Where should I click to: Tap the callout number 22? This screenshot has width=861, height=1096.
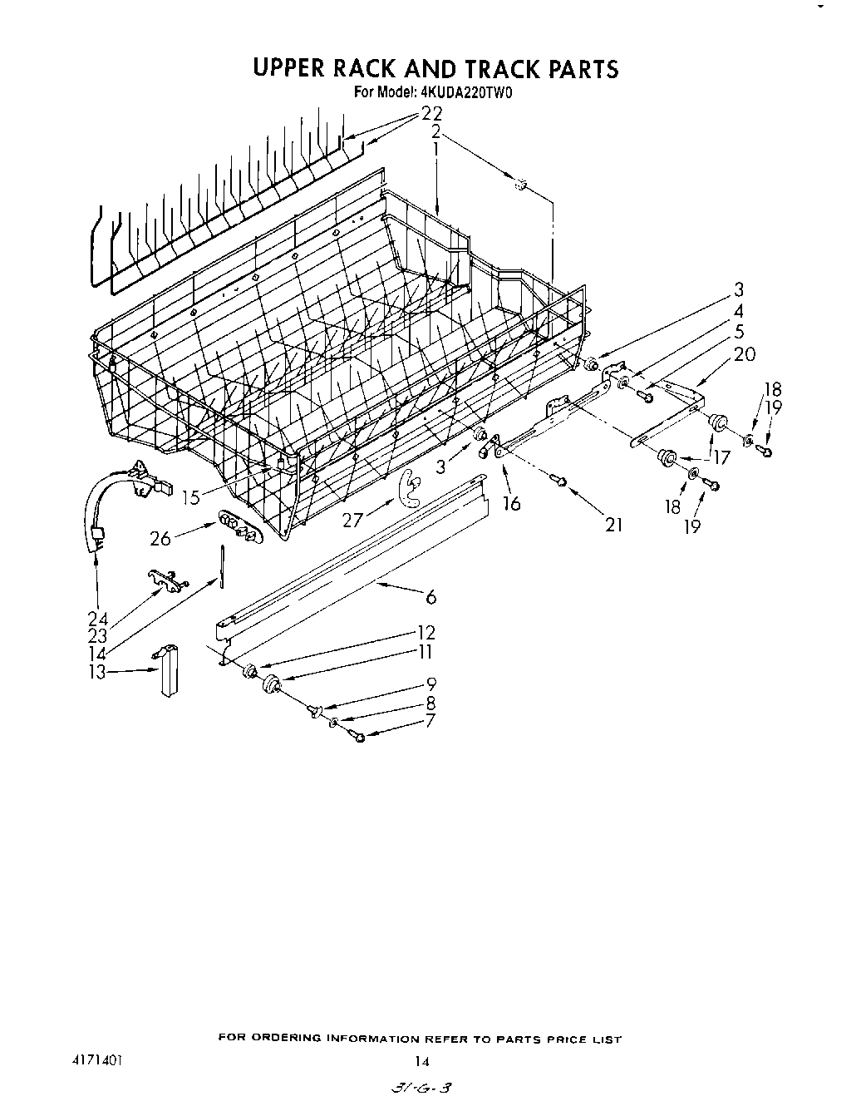432,114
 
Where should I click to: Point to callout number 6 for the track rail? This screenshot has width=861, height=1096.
430,596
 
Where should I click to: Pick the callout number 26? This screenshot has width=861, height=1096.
160,539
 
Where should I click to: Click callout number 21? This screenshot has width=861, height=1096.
613,524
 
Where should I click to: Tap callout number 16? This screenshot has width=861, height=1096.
511,503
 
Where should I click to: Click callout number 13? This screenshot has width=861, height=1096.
98,672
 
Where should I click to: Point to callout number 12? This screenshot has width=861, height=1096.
426,634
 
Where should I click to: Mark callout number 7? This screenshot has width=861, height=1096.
430,721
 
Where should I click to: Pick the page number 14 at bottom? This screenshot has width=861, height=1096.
423,1060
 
